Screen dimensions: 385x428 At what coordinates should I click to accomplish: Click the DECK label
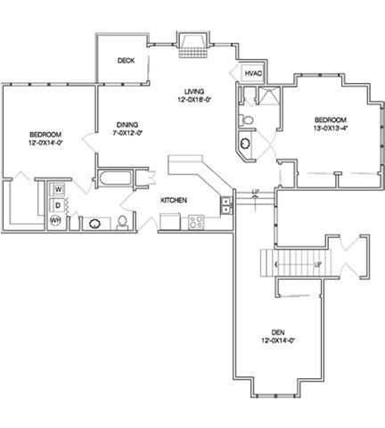[126, 61]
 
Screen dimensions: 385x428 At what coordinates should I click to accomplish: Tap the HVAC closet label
[253, 73]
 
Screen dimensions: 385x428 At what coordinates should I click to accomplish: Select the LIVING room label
[194, 92]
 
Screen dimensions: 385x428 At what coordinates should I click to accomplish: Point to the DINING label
[127, 125]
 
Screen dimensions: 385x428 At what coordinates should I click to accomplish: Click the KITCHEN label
[174, 201]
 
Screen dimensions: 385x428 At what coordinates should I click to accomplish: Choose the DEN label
[278, 333]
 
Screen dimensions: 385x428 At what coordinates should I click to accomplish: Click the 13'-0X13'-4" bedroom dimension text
[331, 128]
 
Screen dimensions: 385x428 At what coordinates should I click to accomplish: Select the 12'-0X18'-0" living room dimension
[194, 100]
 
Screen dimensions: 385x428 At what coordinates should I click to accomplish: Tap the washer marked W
[59, 189]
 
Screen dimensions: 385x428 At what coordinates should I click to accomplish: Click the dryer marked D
[58, 205]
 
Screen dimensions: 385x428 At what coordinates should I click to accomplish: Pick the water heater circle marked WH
[55, 220]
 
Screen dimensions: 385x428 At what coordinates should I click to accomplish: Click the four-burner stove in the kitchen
[196, 222]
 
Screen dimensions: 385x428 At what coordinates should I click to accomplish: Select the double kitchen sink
[226, 205]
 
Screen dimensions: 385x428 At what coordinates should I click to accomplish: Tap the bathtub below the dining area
[115, 178]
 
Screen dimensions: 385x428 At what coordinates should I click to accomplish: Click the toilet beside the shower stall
[246, 120]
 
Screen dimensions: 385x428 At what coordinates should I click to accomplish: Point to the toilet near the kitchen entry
[122, 223]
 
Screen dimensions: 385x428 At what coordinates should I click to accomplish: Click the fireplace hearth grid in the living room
[192, 53]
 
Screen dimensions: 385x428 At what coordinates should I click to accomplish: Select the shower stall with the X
[269, 95]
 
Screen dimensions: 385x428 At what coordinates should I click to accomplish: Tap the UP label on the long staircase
[317, 265]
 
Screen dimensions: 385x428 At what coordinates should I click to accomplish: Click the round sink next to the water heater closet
[95, 224]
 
